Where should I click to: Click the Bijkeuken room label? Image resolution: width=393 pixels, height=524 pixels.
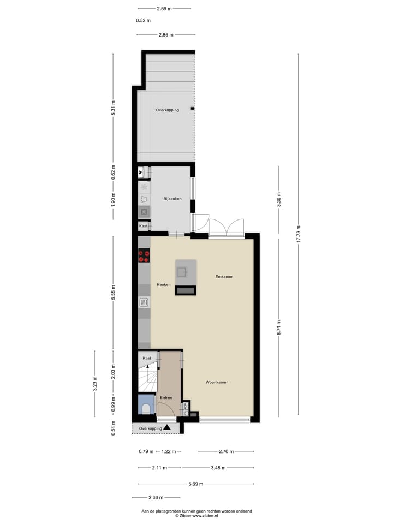172,199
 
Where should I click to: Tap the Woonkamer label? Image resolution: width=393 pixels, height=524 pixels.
217,382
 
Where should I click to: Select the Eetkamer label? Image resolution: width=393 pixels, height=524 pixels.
224,277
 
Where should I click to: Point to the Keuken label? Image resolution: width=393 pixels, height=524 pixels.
164,284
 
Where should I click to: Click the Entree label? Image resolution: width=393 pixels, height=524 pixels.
166,397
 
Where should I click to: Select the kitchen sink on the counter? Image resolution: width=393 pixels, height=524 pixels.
144,301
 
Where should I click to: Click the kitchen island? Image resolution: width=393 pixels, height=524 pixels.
186,277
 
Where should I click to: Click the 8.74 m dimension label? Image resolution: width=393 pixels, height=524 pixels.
278,327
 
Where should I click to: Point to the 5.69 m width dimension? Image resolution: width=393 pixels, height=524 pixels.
195,484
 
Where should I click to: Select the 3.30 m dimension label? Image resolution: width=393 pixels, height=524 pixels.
278,200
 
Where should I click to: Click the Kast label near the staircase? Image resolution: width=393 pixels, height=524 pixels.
147,358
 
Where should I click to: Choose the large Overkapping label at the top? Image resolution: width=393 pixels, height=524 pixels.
167,110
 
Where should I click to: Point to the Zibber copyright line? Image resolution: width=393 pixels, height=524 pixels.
196,515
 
